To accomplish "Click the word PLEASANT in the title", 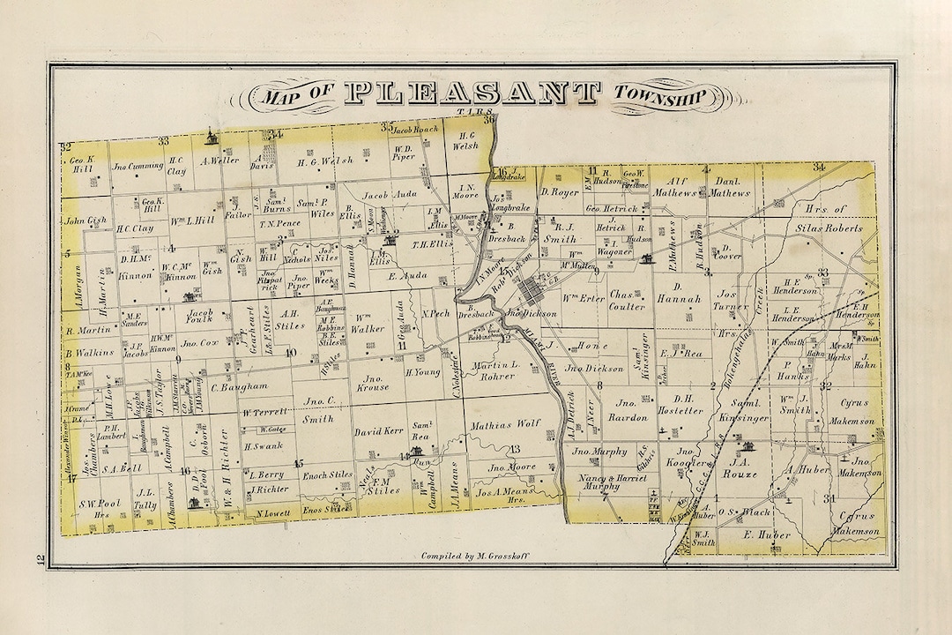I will coord(470,93).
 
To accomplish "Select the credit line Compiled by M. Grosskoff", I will coord(474,557).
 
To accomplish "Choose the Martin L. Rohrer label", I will coord(499,370).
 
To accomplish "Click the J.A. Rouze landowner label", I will coord(733,467).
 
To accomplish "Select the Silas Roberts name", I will coord(825,228).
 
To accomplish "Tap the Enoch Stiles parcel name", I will coord(327,474).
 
